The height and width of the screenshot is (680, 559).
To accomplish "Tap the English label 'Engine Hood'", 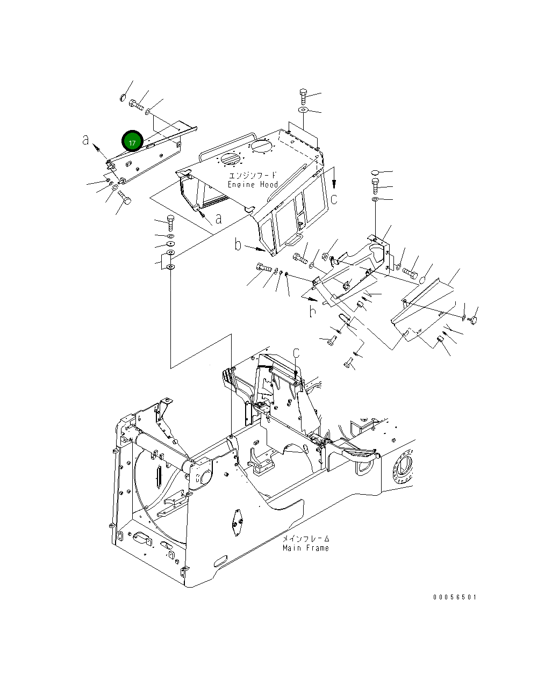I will pyautogui.click(x=253, y=185).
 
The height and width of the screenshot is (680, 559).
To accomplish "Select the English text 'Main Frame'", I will pyautogui.click(x=305, y=548).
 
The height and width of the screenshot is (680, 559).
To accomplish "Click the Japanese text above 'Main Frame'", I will pyautogui.click(x=306, y=539).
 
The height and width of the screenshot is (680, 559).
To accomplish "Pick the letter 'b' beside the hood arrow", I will pyautogui.click(x=238, y=245).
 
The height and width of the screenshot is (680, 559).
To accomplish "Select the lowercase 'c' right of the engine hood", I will pyautogui.click(x=334, y=199).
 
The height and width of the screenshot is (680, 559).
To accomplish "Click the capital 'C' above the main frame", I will pyautogui.click(x=296, y=353).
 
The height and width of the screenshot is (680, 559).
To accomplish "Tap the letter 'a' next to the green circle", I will pyautogui.click(x=86, y=140).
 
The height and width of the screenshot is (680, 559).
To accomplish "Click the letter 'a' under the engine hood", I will pyautogui.click(x=218, y=219).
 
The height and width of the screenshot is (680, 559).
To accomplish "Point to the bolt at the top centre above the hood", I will pyautogui.click(x=303, y=96).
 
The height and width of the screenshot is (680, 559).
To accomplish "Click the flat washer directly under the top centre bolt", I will pyautogui.click(x=303, y=110).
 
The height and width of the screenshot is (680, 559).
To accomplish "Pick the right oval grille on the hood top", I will pyautogui.click(x=261, y=145).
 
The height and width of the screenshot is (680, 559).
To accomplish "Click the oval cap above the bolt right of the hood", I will pyautogui.click(x=375, y=172).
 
